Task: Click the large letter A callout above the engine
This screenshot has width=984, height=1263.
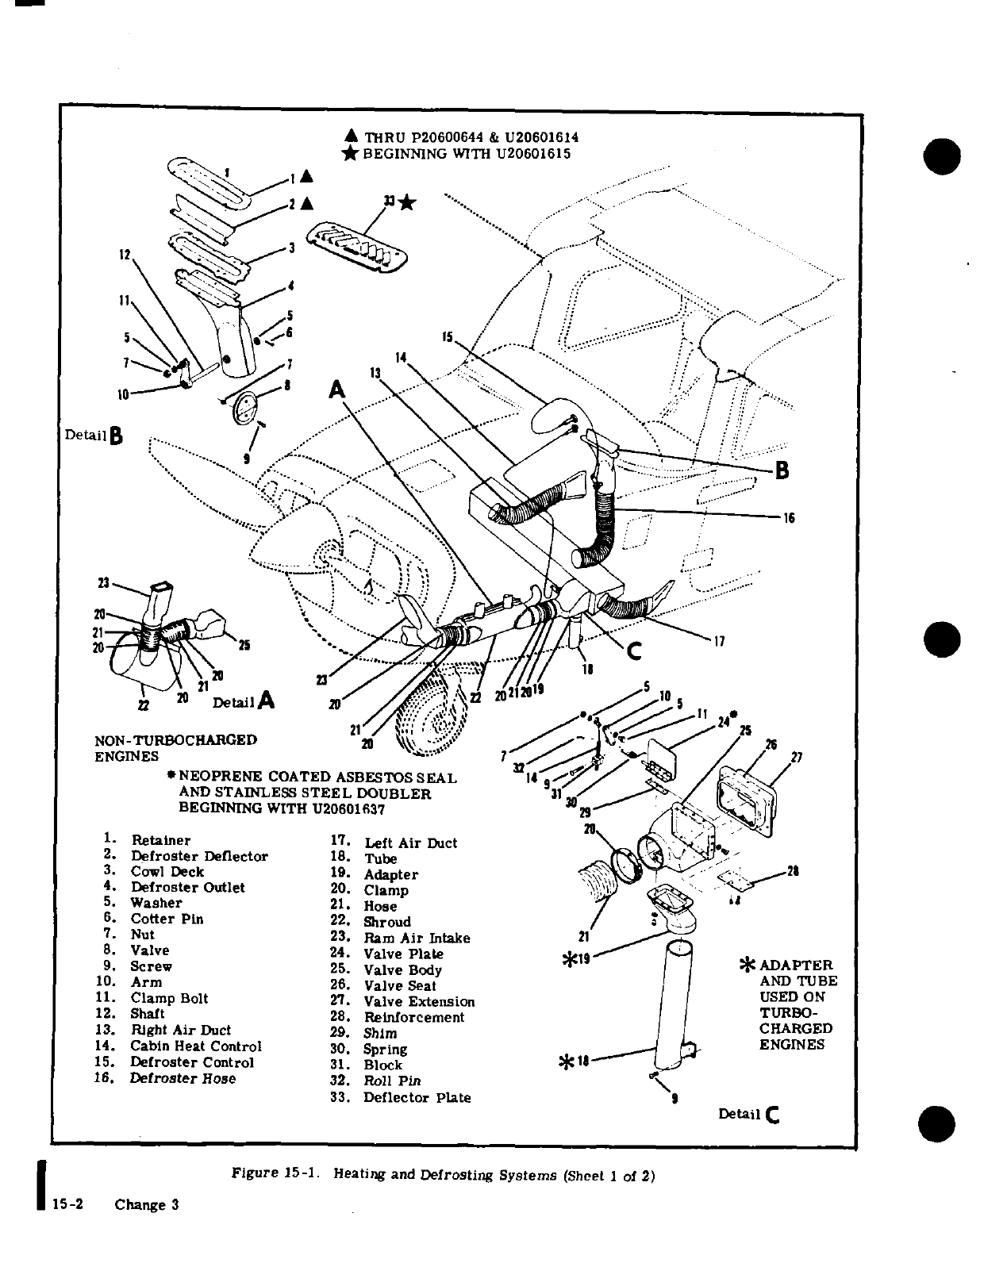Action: click(x=338, y=390)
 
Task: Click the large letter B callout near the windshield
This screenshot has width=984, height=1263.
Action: click(x=781, y=470)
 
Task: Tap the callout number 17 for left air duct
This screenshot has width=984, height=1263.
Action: click(x=719, y=641)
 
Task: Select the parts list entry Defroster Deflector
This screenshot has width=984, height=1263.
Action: click(x=199, y=856)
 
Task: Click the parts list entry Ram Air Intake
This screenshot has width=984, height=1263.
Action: click(x=417, y=938)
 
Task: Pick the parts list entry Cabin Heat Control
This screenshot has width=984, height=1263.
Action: click(x=195, y=1046)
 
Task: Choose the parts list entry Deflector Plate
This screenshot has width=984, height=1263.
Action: click(x=417, y=1098)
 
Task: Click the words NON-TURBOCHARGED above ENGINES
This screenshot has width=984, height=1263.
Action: click(x=175, y=740)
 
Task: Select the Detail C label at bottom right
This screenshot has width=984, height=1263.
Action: click(x=749, y=1114)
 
